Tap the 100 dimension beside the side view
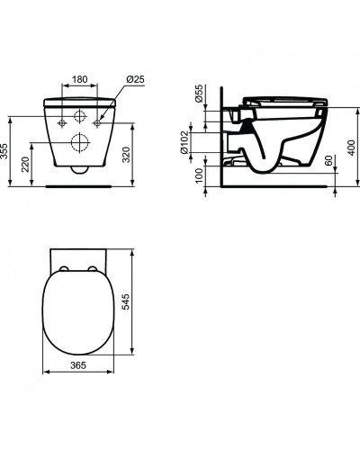tap(198, 171)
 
